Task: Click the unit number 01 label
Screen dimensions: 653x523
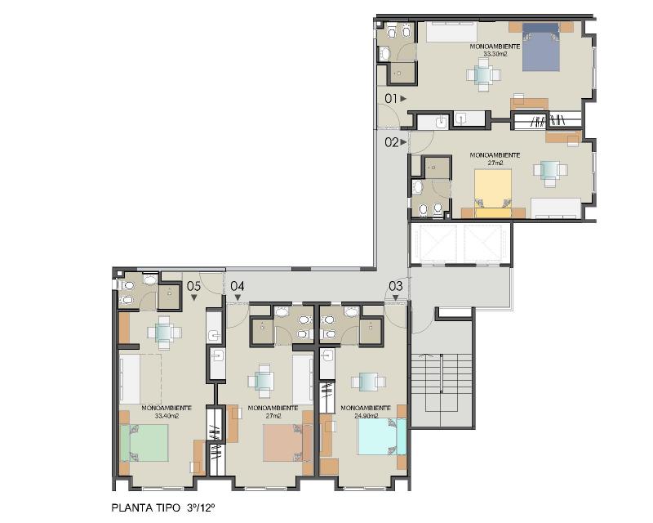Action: tap(391, 99)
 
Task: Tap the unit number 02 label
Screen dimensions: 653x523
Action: tap(392, 143)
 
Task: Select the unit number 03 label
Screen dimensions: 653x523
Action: tap(396, 286)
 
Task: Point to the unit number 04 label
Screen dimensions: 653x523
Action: tap(238, 286)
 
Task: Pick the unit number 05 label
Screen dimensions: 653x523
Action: tap(193, 286)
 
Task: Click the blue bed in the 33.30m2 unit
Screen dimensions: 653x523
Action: tap(541, 47)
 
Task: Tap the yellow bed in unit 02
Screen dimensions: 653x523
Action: tap(493, 193)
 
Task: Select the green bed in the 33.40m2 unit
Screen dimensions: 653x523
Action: tap(144, 443)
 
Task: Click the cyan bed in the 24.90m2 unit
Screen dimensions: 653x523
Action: tap(382, 436)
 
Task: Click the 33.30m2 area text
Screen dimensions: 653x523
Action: tap(495, 54)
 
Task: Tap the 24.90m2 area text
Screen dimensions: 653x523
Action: tap(366, 415)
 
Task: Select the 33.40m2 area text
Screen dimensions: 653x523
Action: tap(167, 415)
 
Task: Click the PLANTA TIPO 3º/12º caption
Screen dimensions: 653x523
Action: tap(163, 508)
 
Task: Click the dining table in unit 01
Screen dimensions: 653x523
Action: tap(483, 75)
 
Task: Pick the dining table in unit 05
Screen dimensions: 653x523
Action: tap(164, 333)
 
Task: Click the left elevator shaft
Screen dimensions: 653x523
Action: tap(433, 244)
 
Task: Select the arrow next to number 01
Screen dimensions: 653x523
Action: tap(403, 99)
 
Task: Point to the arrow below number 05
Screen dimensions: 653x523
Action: tap(193, 297)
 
